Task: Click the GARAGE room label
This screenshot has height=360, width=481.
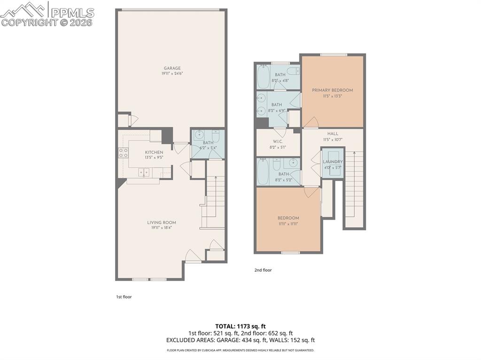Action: click(x=172, y=68)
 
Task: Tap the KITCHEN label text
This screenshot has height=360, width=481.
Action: click(x=154, y=152)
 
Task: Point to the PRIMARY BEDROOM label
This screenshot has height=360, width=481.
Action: click(x=333, y=90)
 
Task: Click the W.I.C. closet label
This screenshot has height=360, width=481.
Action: click(x=278, y=141)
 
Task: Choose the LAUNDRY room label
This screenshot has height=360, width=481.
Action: click(x=333, y=162)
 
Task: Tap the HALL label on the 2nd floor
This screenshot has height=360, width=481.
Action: click(x=333, y=134)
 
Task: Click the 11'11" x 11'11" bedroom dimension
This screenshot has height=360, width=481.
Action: click(x=288, y=224)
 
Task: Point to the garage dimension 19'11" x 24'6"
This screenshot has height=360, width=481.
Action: click(x=172, y=74)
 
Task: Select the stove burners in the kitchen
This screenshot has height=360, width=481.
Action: click(x=123, y=152)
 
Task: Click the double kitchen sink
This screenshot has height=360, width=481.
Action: click(x=143, y=173)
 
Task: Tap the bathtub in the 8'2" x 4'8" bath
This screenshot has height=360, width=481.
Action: click(x=262, y=77)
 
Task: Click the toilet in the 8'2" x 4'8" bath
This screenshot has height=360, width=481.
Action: click(x=294, y=72)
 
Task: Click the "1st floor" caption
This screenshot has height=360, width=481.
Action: click(x=124, y=297)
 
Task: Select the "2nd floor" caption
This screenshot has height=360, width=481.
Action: click(x=264, y=270)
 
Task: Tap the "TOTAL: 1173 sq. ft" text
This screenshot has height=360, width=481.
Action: click(x=240, y=326)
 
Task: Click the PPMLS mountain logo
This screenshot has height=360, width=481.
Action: click(x=23, y=9)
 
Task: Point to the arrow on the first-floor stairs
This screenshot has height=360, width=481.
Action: click(x=215, y=178)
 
